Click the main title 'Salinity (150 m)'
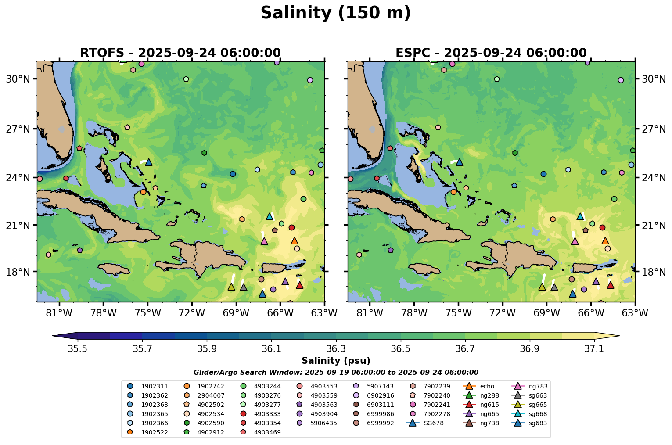pos(335,13)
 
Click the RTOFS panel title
pos(180,53)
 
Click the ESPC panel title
pos(491,53)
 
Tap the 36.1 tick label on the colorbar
pos(271,349)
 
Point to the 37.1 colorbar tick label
pos(594,349)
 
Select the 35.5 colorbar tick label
pos(78,349)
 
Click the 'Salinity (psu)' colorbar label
pos(336,361)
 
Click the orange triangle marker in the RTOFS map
pos(294,240)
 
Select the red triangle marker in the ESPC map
pos(610,285)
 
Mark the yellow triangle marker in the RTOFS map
pos(231,287)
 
